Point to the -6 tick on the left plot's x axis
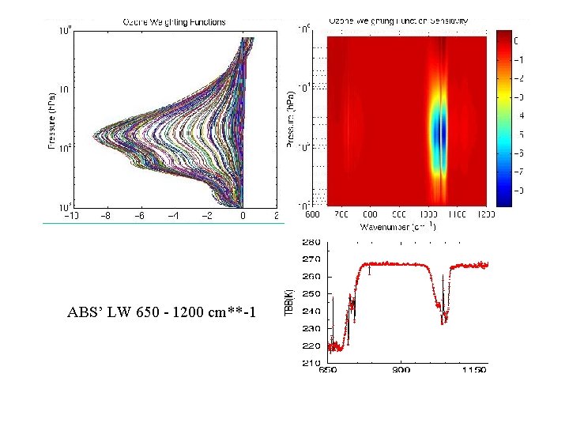tap(139, 216)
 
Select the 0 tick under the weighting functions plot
tap(243, 216)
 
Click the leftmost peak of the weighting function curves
tap(95, 135)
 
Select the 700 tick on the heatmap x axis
tap(341, 215)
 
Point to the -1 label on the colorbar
tap(518, 59)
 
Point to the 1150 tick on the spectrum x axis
tap(475, 370)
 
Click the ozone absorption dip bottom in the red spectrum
tap(445, 319)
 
